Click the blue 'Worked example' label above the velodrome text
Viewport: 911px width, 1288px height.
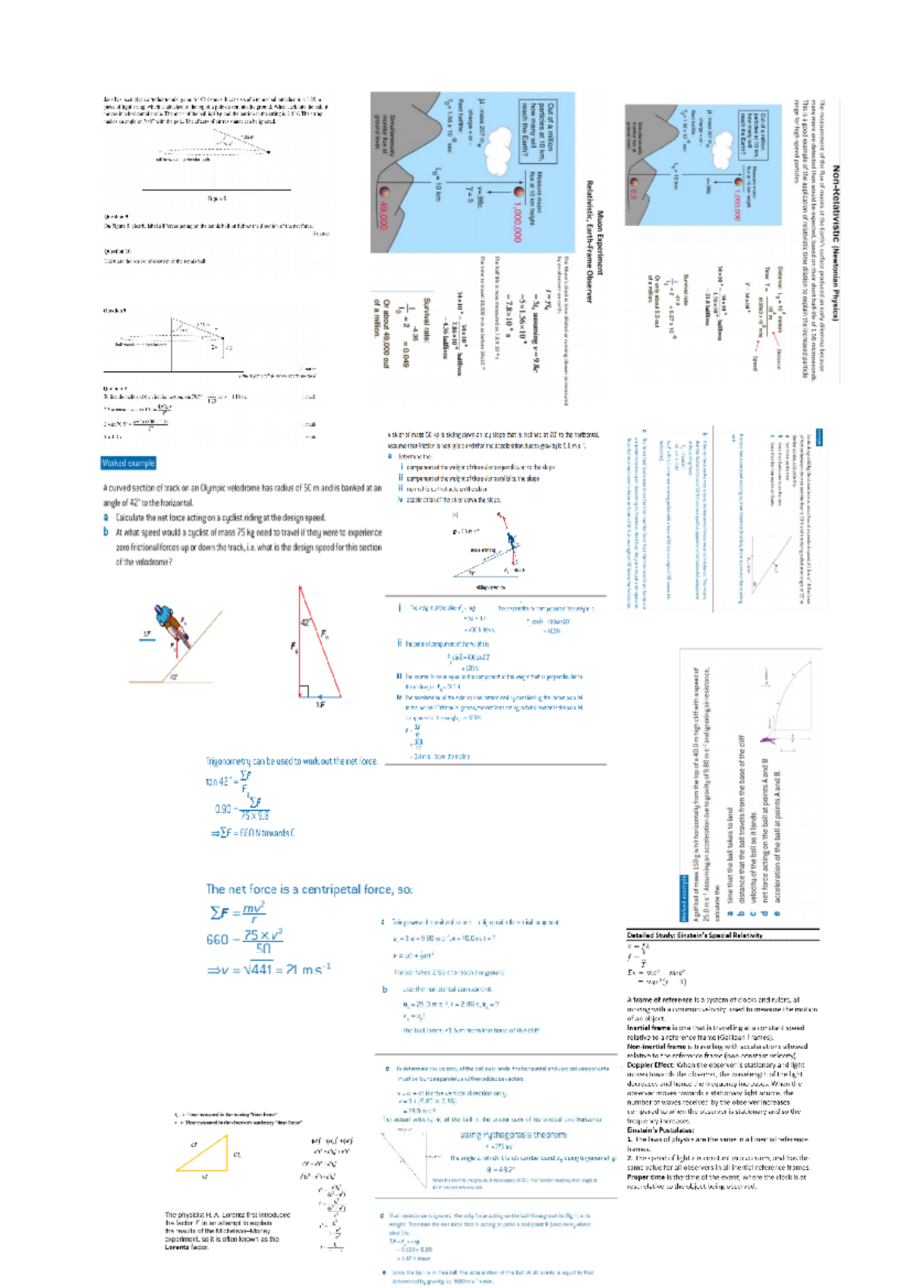pyautogui.click(x=128, y=463)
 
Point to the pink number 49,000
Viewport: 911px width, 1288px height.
pyautogui.click(x=382, y=214)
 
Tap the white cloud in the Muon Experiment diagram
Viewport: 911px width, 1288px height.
pyautogui.click(x=498, y=148)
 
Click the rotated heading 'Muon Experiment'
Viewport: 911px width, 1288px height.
pyautogui.click(x=600, y=243)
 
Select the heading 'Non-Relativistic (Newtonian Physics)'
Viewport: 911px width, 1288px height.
pyautogui.click(x=835, y=243)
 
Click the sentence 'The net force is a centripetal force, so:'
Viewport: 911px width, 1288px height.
pyautogui.click(x=309, y=889)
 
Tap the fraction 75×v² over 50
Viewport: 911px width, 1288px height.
pyautogui.click(x=263, y=941)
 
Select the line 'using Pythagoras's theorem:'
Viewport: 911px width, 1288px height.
pyautogui.click(x=513, y=1135)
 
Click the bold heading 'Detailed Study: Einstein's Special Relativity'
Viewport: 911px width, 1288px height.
pyautogui.click(x=695, y=935)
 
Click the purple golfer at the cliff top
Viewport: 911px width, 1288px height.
pyautogui.click(x=765, y=740)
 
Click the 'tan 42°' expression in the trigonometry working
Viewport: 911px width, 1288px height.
pyautogui.click(x=219, y=781)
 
